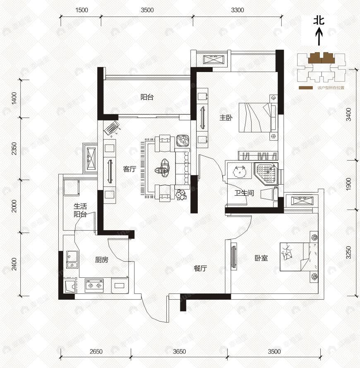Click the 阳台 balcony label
pyautogui.click(x=147, y=98)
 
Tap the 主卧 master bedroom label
pyautogui.click(x=226, y=118)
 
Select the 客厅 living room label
pyautogui.click(x=130, y=169)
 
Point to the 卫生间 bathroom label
pyautogui.click(x=244, y=193)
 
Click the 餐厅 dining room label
pyautogui.click(x=200, y=268)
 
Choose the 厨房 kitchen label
pyautogui.click(x=101, y=260)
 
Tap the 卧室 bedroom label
pyautogui.click(x=261, y=258)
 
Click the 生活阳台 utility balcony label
pyautogui.click(x=80, y=210)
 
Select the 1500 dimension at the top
pyautogui.click(x=82, y=10)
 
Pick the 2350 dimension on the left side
pyautogui.click(x=14, y=148)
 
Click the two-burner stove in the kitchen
pyautogui.click(x=94, y=285)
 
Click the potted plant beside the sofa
pyautogui.click(x=180, y=195)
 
